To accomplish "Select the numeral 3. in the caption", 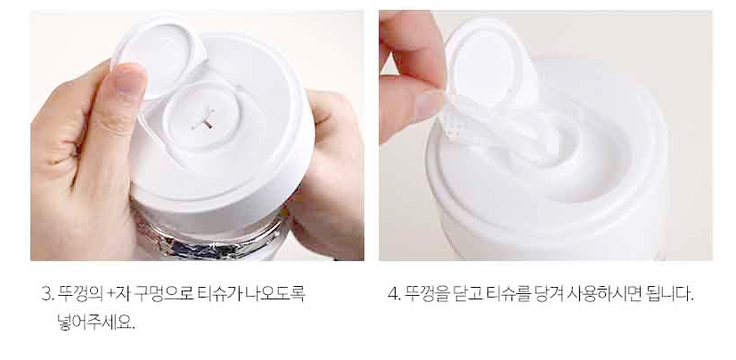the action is click(47, 294).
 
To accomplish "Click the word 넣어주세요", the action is click(95, 322).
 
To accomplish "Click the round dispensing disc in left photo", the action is click(203, 116).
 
